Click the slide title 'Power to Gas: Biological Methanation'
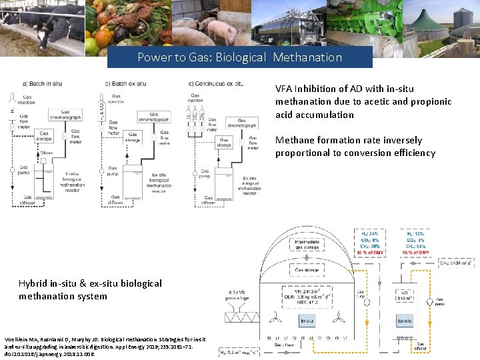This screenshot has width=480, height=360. [x=239, y=57]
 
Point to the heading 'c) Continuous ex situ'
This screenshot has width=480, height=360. [x=215, y=84]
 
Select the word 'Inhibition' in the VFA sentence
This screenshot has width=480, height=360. [x=319, y=89]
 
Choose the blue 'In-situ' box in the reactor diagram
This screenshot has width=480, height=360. [x=307, y=322]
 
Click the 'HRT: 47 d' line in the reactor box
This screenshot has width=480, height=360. [x=309, y=303]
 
